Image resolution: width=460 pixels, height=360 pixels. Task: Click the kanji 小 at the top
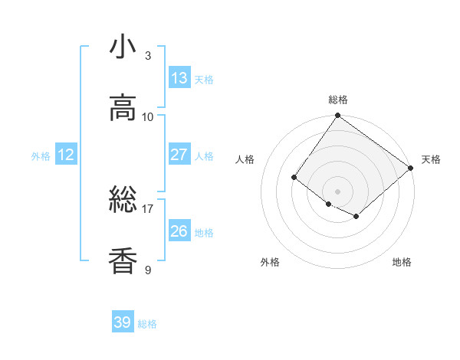point(123,47)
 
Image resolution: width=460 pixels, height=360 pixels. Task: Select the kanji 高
point(123,108)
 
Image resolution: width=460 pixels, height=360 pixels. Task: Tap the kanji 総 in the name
point(123,201)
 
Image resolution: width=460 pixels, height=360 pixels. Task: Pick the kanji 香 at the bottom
point(123,261)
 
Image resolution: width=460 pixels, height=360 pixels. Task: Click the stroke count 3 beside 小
point(148,56)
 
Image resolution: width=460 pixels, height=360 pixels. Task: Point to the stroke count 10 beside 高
point(148,116)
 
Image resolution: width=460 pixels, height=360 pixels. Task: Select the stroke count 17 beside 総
point(148,208)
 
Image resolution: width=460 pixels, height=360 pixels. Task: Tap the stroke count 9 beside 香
point(148,270)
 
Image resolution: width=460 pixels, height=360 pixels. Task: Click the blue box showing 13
point(179,78)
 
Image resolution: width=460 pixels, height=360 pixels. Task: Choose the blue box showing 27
point(179,155)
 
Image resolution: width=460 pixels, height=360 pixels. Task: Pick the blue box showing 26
point(179,231)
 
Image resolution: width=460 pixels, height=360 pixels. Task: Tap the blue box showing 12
point(66,155)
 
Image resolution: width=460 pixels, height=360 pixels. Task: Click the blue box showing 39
point(123,322)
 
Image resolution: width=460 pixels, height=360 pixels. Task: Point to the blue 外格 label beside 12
point(41,156)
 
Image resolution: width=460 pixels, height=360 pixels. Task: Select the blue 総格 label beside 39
point(147,324)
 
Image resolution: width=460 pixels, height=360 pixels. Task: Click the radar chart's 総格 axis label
point(338,100)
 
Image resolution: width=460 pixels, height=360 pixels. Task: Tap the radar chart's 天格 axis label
point(431,159)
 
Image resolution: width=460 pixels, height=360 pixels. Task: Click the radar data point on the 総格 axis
point(338,116)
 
